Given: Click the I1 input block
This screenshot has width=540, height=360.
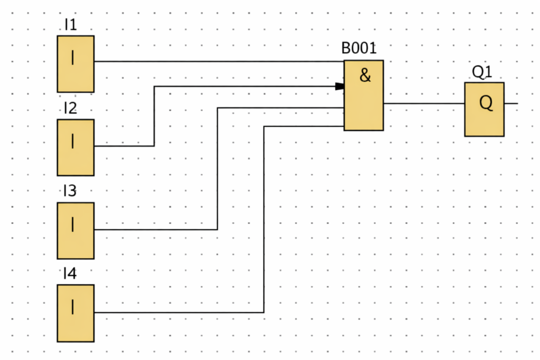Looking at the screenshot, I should click(75, 64).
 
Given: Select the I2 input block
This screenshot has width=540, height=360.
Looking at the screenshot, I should click(75, 147).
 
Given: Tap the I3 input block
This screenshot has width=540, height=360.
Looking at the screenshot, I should click(75, 230).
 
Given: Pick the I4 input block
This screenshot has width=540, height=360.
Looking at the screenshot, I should click(75, 313).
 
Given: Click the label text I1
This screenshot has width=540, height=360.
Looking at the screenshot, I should click(70, 25).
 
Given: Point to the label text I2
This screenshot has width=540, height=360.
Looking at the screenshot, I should click(70, 109).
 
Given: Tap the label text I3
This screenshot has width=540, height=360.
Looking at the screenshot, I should click(70, 191).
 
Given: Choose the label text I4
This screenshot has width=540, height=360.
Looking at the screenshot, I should click(70, 274).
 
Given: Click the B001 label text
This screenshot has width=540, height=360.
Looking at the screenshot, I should click(359, 48).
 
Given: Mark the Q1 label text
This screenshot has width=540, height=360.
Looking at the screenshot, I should click(482, 72).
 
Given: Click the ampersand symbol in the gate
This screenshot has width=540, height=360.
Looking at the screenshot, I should click(365, 75).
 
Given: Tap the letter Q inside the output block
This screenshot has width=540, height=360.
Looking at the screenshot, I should click(486, 103).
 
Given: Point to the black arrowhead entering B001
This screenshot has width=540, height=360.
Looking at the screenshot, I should click(340, 86).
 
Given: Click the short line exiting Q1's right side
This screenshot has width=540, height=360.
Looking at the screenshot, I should click(511, 103).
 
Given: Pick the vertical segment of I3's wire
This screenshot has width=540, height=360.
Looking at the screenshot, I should click(217, 169).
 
